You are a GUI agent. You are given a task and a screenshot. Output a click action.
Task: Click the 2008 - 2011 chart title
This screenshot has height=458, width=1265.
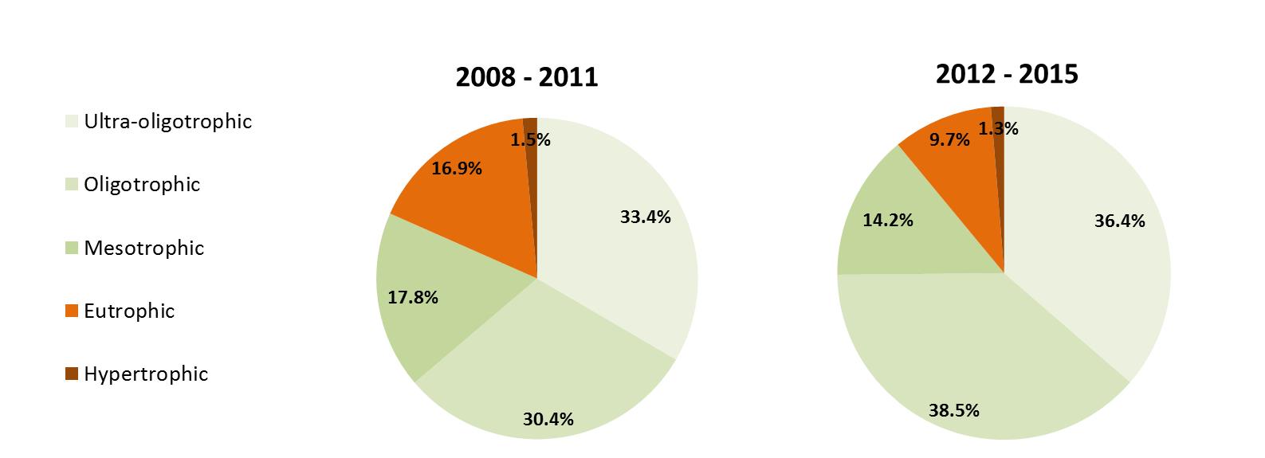pyautogui.click(x=526, y=77)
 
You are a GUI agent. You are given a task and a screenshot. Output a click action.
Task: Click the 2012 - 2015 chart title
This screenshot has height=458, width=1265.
pyautogui.click(x=1006, y=74)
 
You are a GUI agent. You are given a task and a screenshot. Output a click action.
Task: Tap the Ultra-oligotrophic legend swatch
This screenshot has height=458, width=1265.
pyautogui.click(x=72, y=122)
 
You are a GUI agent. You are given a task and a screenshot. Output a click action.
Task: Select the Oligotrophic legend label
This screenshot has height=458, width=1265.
pyautogui.click(x=142, y=185)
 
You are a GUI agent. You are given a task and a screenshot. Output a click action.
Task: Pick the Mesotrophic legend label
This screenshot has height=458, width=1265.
pyautogui.click(x=143, y=248)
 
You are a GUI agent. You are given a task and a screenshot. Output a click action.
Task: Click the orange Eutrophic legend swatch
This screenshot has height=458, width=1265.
pyautogui.click(x=72, y=311)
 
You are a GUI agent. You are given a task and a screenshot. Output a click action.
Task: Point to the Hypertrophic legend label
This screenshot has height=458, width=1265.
pyautogui.click(x=146, y=374)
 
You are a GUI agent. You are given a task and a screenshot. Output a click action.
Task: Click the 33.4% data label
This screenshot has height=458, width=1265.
pyautogui.click(x=645, y=217)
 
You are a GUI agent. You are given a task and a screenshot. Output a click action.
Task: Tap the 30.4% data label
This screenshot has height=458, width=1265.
pyautogui.click(x=548, y=419)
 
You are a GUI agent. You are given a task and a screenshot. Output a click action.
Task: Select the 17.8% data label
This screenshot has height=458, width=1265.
pyautogui.click(x=413, y=298)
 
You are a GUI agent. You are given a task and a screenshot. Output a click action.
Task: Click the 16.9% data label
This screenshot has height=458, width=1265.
pyautogui.click(x=456, y=169)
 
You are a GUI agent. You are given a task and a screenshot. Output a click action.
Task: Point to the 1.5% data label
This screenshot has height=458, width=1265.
pyautogui.click(x=531, y=140)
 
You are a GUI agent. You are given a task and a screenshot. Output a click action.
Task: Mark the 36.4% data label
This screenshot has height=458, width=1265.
pyautogui.click(x=1119, y=221)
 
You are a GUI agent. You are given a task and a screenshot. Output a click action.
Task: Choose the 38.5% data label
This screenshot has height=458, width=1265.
pyautogui.click(x=953, y=411)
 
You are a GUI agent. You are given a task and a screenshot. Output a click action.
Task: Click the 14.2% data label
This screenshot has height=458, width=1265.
pyautogui.click(x=887, y=220)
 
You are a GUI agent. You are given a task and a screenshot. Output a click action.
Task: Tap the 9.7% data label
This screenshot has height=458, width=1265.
pyautogui.click(x=949, y=140)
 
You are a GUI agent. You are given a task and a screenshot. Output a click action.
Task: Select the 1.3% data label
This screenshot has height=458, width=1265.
pyautogui.click(x=999, y=128)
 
